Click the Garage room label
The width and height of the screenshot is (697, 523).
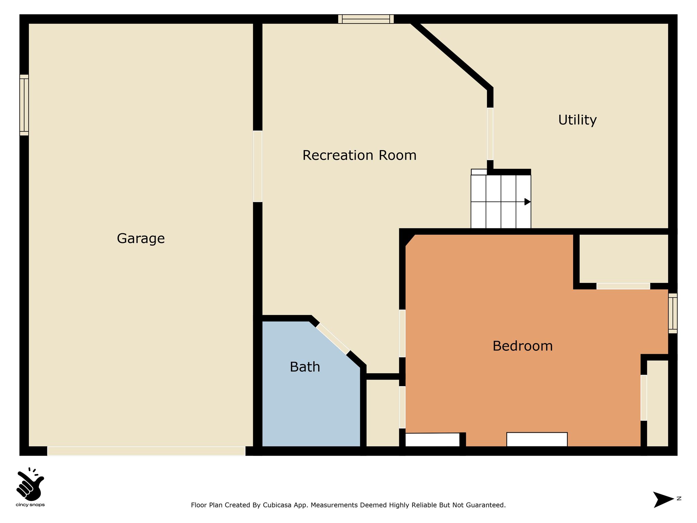click(141, 238)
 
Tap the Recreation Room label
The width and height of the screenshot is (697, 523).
click(359, 155)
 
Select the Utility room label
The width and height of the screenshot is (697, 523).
click(577, 120)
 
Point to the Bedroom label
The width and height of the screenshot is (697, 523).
click(522, 346)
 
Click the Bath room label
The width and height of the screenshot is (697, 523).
click(305, 367)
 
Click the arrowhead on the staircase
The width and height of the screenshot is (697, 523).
click(528, 202)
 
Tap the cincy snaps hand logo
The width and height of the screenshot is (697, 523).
click(30, 483)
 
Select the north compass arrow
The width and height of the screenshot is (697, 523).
click(663, 500)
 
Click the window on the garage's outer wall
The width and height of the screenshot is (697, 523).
click(24, 105)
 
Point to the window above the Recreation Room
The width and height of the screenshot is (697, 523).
click(366, 19)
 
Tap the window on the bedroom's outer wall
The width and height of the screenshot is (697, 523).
click(672, 313)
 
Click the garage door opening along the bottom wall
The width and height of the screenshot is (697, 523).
click(146, 451)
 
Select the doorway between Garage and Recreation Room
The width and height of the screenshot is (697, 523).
click(258, 166)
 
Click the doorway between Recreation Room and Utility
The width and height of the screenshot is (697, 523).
click(490, 134)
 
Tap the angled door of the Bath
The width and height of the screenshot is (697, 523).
click(333, 339)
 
